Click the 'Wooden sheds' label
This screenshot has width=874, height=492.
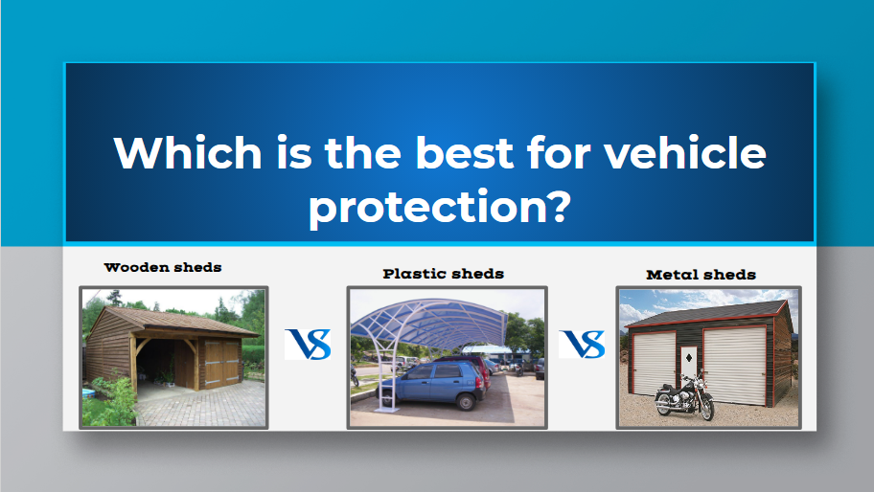click(x=163, y=267)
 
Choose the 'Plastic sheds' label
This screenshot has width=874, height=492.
click(x=443, y=274)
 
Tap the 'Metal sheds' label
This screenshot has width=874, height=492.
click(x=701, y=275)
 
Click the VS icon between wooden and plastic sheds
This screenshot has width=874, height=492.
click(x=308, y=344)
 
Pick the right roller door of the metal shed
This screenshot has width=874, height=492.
click(x=734, y=364)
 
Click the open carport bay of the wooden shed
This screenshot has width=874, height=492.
click(x=153, y=365)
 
